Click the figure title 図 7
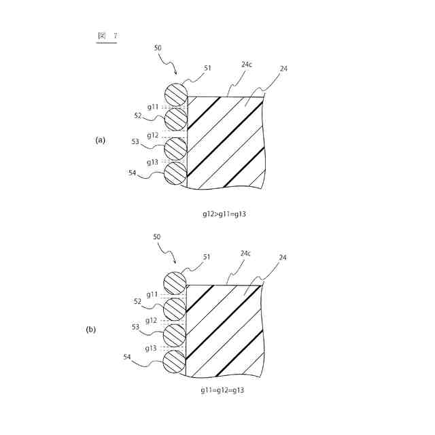tap(106, 35)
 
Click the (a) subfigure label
tap(101, 140)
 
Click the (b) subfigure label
tap(91, 330)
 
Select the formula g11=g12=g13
tap(222, 391)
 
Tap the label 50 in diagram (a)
tap(158, 48)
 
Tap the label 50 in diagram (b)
tap(157, 237)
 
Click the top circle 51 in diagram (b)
tap(175, 282)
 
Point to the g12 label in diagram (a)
tap(153, 135)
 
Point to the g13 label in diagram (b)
tap(152, 347)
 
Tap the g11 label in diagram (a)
tap(153, 107)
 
